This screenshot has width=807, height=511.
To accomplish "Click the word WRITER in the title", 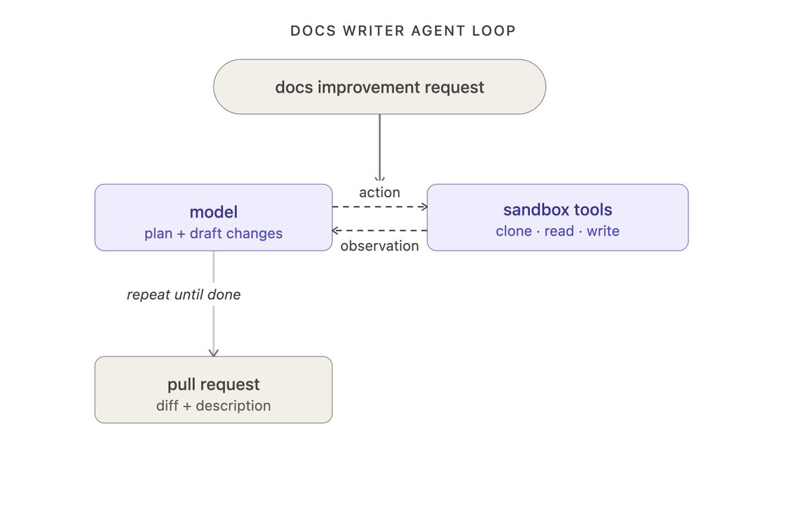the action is tap(374, 31).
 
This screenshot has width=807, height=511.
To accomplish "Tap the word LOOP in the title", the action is tap(494, 31).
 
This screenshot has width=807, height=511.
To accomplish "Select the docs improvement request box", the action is tap(380, 87).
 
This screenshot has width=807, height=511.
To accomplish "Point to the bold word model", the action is tap(214, 212).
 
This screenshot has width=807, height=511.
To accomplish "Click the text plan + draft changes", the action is tap(214, 234).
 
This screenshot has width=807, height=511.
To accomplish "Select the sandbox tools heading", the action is tap(558, 210).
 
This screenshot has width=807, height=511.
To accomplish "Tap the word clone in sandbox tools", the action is tap(514, 231).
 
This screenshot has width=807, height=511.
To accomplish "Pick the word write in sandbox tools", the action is tap(603, 231).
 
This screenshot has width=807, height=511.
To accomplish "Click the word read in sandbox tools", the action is tap(559, 231).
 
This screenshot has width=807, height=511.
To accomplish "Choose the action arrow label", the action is tap(380, 193).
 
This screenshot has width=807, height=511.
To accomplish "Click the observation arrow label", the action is tap(380, 246).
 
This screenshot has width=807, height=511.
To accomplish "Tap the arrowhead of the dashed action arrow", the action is tap(425, 207).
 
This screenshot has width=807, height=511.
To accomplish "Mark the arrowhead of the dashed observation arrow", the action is tap(334, 230).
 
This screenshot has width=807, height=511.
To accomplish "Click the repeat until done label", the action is tap(184, 295).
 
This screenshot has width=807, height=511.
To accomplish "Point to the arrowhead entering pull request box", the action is tap(214, 353).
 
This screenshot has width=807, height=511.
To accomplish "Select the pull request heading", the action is tap(214, 384).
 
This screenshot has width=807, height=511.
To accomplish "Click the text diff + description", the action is tap(214, 406).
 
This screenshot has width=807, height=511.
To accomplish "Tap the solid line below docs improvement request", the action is tap(380, 147).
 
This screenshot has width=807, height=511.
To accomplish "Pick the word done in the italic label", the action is tap(224, 295).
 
